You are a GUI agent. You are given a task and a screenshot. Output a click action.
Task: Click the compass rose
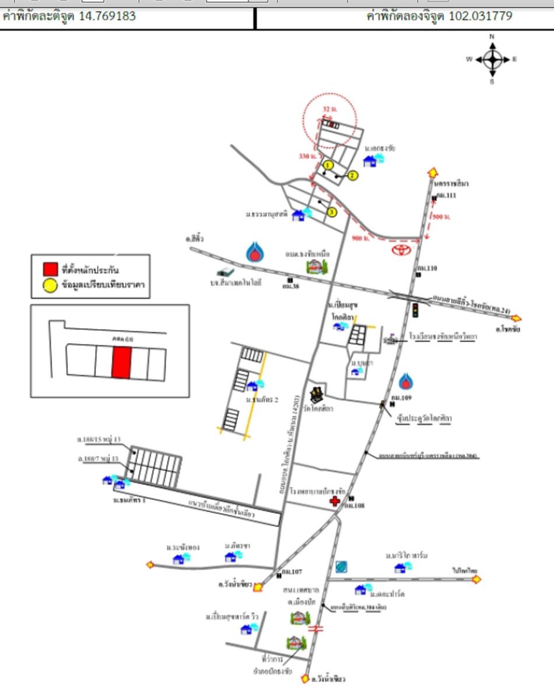pos(493,59)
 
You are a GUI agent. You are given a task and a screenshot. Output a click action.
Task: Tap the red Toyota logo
pos(401,249)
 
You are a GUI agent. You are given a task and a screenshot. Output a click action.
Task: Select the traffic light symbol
pos(416,310)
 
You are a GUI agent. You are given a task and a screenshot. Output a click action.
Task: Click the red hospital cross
pos(335,501)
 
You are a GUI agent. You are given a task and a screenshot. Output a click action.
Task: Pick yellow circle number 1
pos(328,165)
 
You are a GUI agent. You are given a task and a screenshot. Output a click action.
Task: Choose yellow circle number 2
pos(352,175)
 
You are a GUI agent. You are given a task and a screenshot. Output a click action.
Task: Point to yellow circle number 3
pos(332,212)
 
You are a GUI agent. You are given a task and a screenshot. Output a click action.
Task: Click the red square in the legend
pos(51,269)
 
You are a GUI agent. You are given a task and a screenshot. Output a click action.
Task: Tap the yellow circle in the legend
pos(51,285)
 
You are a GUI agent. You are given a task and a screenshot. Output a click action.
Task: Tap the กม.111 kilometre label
pos(446,196)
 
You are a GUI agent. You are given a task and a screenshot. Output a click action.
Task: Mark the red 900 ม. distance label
pos(361,238)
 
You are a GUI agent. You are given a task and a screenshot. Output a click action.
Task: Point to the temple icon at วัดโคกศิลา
pos(317,395)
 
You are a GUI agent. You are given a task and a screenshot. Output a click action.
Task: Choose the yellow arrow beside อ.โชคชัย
pos(516,318)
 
